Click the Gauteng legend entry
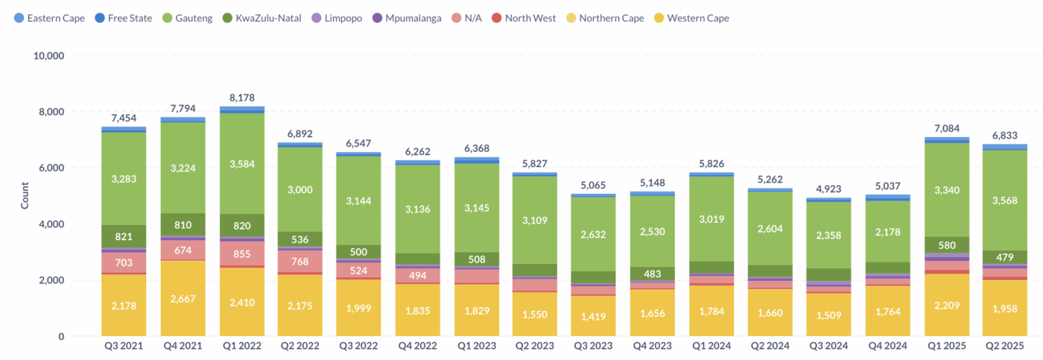(188, 18)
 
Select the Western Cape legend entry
(691, 18)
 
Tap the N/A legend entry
(466, 18)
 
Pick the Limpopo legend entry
(337, 18)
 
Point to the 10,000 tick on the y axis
(48, 56)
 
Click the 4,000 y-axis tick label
(51, 224)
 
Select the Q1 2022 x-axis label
(241, 346)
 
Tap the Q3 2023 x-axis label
(593, 346)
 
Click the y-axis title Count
(25, 195)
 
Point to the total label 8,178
(241, 98)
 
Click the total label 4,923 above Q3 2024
(828, 189)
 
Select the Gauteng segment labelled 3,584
(241, 163)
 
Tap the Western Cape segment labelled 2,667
(183, 299)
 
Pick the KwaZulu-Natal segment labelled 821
(124, 236)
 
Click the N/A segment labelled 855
(241, 254)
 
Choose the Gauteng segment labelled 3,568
(1004, 200)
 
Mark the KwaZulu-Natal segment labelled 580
(947, 245)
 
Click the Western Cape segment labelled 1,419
(593, 316)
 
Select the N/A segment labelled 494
(417, 275)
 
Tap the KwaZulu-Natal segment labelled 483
(652, 274)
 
